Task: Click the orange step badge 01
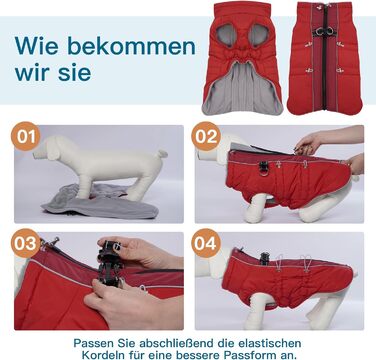tap(26, 136)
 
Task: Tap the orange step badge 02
tap(206, 136)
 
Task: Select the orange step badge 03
tap(26, 243)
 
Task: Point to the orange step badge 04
tap(206, 243)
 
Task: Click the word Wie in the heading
tap(37, 46)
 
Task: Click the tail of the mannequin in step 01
tap(162, 154)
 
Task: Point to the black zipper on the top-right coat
tap(324, 57)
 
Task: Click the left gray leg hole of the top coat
tap(227, 34)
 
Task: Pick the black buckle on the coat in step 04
tap(264, 258)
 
